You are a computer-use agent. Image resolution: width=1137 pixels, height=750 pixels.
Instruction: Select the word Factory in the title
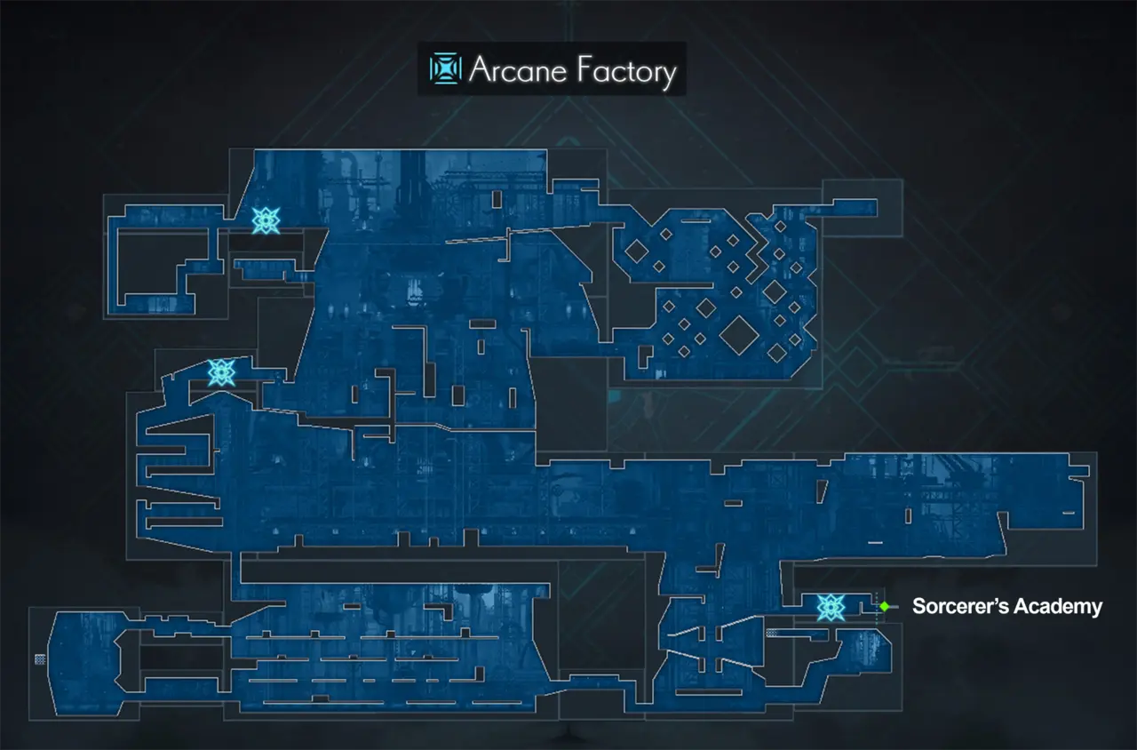(624, 71)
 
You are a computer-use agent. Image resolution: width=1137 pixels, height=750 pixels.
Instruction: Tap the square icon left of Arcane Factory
(445, 68)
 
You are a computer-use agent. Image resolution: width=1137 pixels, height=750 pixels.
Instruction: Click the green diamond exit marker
(884, 606)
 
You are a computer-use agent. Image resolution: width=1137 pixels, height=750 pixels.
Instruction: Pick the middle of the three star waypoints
(220, 371)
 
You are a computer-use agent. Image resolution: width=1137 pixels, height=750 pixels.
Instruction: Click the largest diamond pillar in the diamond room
(738, 335)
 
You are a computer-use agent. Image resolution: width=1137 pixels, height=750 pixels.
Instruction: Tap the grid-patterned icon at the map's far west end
(40, 658)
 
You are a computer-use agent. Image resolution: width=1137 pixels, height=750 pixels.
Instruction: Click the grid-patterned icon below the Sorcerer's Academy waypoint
(773, 634)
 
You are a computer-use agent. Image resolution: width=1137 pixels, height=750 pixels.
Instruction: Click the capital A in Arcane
(481, 71)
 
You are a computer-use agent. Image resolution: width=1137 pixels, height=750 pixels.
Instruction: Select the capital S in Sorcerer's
(919, 607)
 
